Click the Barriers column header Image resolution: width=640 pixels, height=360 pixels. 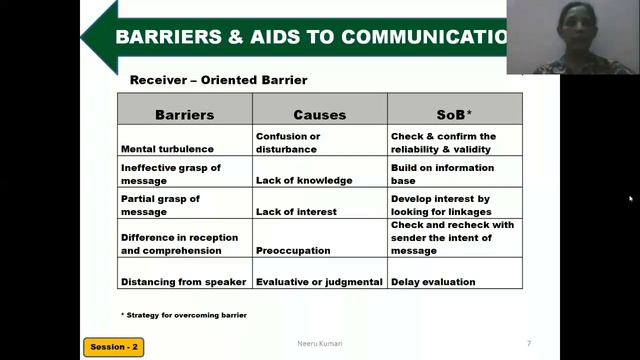[x=184, y=115]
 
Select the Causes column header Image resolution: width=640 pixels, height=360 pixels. [x=319, y=115]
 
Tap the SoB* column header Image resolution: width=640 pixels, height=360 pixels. [x=455, y=115]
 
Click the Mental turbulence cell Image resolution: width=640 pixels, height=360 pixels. [x=167, y=149]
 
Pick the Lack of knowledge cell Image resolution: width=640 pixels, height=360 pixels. [x=304, y=180]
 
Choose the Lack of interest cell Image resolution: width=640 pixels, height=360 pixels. [x=296, y=212]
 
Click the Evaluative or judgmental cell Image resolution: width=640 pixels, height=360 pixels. [x=319, y=282]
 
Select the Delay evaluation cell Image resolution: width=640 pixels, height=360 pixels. [x=433, y=282]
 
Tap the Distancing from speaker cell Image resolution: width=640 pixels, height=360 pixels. [x=183, y=282]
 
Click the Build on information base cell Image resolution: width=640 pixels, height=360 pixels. [x=441, y=174]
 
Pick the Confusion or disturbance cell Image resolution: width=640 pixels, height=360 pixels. [x=288, y=143]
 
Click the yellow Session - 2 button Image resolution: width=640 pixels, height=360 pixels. [x=113, y=347]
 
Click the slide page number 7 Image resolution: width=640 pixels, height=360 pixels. [x=529, y=343]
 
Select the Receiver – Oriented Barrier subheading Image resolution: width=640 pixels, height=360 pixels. [x=219, y=80]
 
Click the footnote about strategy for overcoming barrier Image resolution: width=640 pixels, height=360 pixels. [x=184, y=315]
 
